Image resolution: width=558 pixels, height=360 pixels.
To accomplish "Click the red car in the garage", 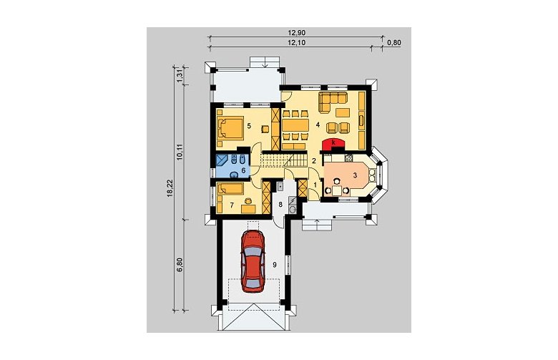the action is point(253,261).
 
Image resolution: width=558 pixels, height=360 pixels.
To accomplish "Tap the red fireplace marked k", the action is point(333,144).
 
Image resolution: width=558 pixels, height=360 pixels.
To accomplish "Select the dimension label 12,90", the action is point(297,32).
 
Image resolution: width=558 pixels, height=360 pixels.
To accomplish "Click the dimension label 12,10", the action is point(297,43).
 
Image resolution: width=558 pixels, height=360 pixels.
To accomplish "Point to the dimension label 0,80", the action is point(393,43).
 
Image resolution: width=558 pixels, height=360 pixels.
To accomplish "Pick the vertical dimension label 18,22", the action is point(170,188).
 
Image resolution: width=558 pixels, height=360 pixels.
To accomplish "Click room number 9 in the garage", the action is point(275,264).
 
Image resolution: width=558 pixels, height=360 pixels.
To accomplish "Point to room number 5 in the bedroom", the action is point(249,125).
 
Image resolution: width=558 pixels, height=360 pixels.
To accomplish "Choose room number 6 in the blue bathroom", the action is point(243,170).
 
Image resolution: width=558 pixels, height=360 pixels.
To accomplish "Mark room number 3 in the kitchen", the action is point(355,175).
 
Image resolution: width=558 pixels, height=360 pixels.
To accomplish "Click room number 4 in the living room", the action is point(318,125).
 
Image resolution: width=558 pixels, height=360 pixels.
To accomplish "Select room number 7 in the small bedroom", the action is point(232,205).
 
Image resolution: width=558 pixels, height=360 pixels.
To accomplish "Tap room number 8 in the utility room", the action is point(280,205).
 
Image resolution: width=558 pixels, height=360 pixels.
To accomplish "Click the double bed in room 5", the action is point(230,128).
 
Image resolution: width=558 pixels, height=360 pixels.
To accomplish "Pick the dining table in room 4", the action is point(295,125).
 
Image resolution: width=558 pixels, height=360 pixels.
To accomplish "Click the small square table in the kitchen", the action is point(337,191).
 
